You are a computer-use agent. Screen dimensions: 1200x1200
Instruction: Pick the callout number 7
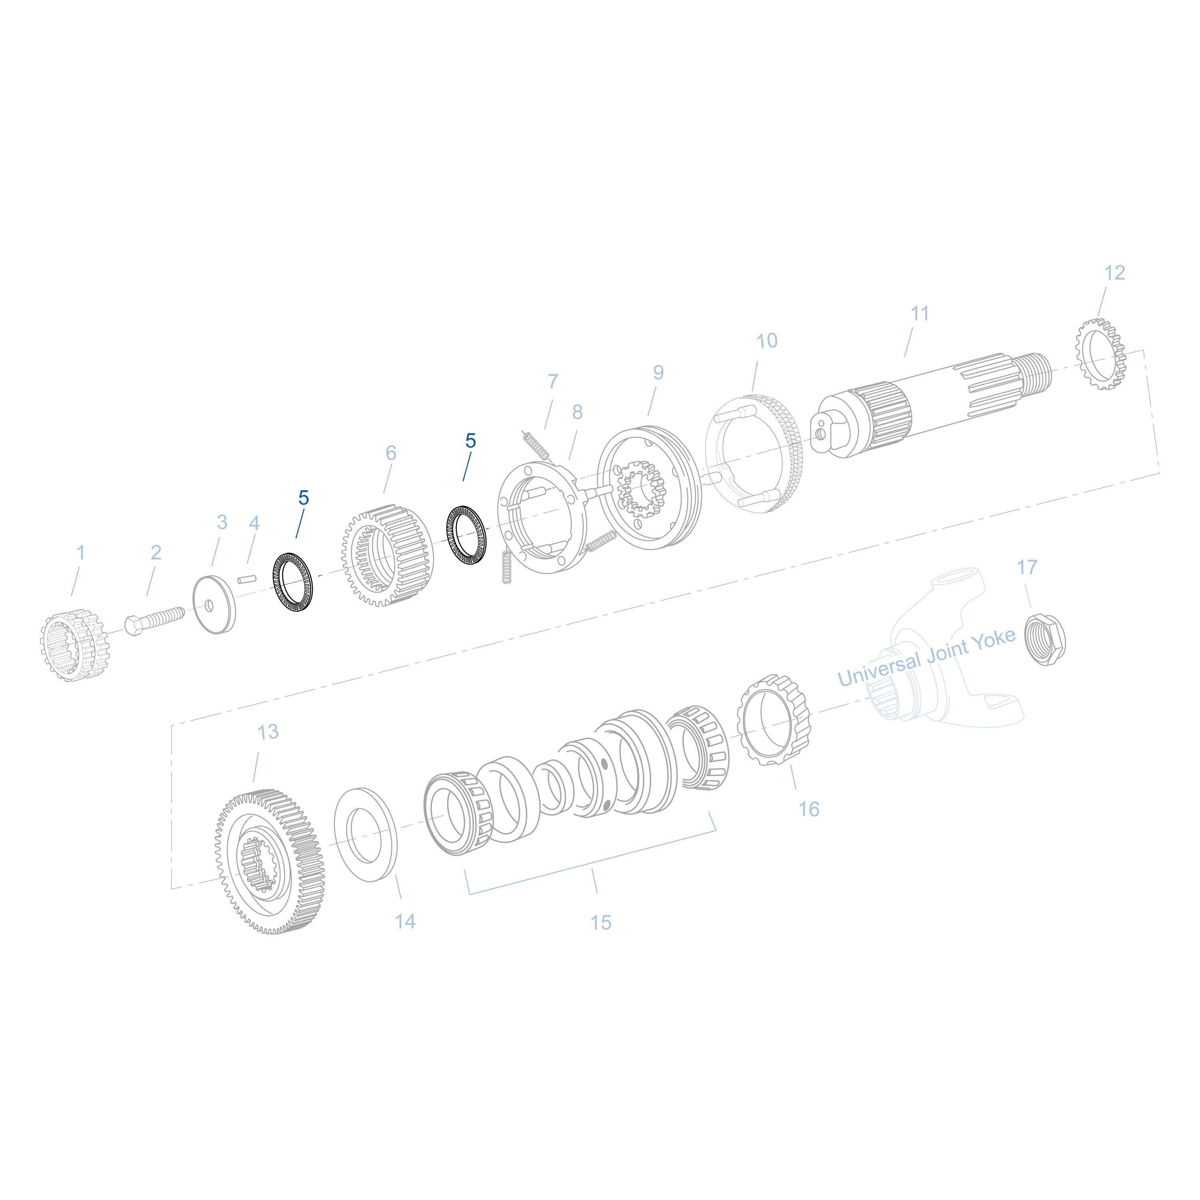tap(553, 381)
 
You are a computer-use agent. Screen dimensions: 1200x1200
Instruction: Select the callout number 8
tap(577, 412)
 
